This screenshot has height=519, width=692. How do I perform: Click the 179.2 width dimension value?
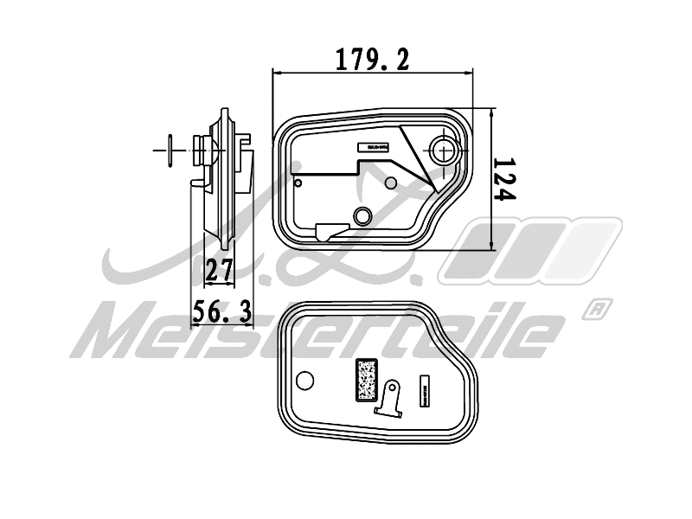[x=372, y=59]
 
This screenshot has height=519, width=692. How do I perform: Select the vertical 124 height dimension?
[x=504, y=179]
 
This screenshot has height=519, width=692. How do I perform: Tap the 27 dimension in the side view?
[x=220, y=271]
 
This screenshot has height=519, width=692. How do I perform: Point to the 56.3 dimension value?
[x=221, y=311]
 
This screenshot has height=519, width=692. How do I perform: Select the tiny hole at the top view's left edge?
[x=298, y=183]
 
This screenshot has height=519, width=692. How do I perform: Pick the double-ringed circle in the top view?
[x=363, y=215]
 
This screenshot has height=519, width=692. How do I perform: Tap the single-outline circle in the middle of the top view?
[x=390, y=183]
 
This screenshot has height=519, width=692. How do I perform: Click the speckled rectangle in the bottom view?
[x=367, y=380]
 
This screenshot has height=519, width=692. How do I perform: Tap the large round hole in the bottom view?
[x=304, y=380]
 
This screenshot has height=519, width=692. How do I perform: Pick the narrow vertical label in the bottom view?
[x=425, y=388]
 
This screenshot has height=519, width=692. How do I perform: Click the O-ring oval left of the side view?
[x=171, y=151]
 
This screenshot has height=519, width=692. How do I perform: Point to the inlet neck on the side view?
[x=204, y=152]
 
